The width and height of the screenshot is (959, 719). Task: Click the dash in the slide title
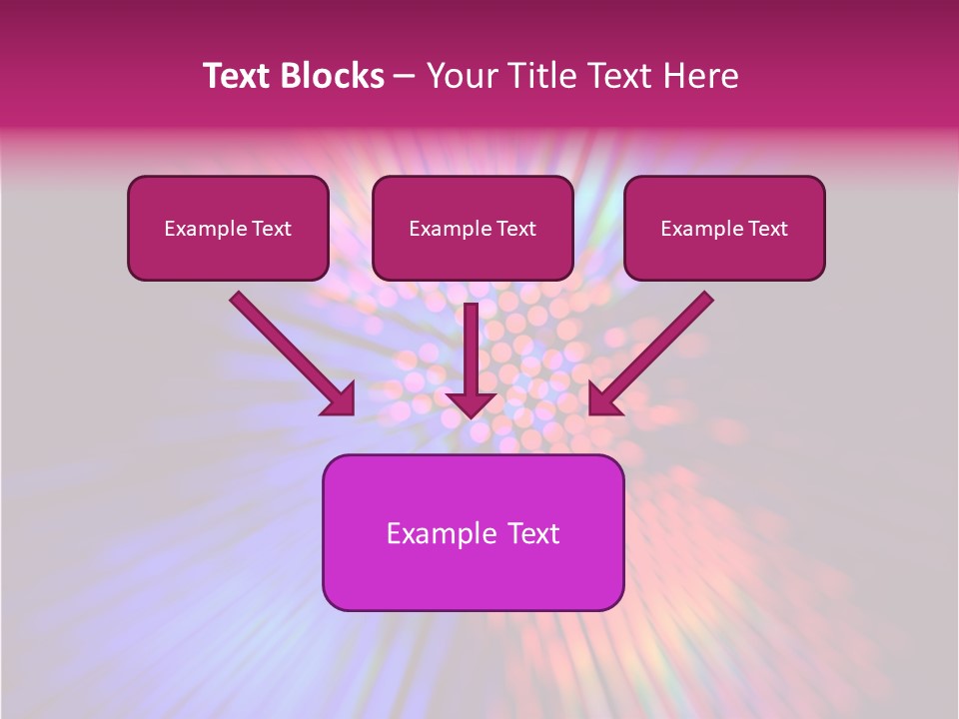(x=405, y=77)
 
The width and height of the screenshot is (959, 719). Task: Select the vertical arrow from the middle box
(x=472, y=350)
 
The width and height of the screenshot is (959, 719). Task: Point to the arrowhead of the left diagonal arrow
(x=340, y=399)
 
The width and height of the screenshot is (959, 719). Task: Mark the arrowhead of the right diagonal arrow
(x=603, y=399)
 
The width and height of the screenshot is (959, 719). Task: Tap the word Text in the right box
(x=768, y=229)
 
